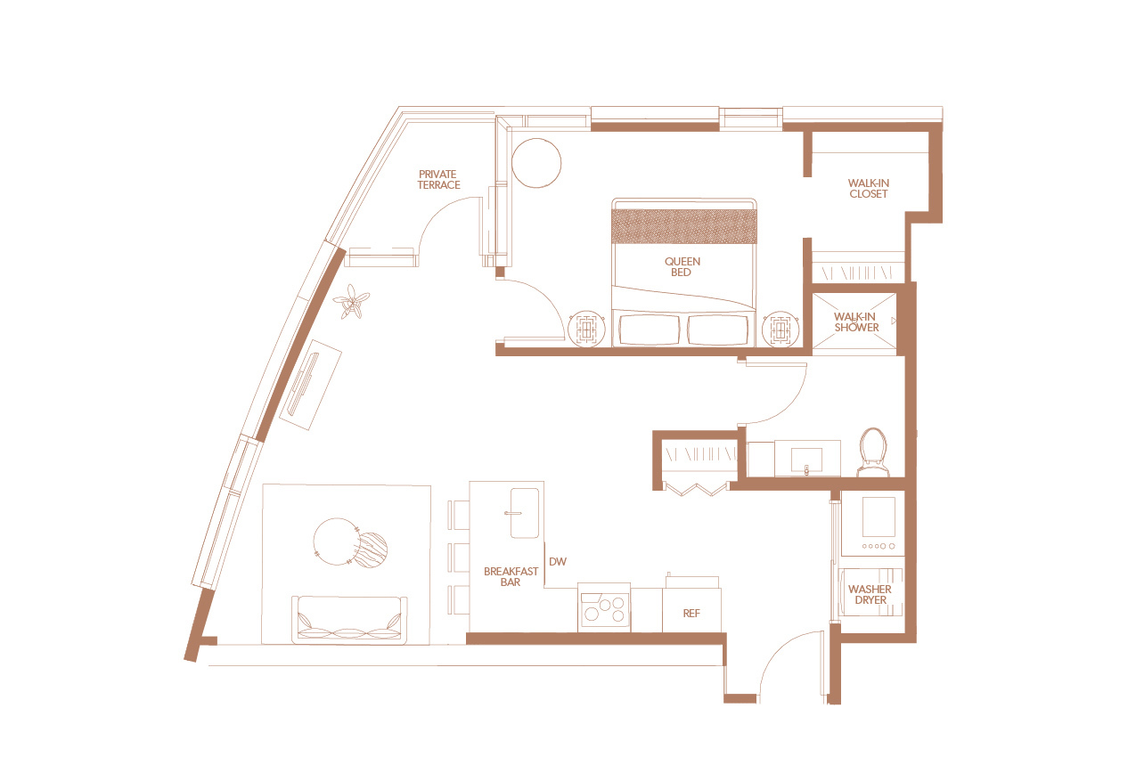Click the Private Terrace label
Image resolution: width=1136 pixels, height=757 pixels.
tap(438, 180)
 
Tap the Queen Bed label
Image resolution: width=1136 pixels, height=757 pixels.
tap(682, 266)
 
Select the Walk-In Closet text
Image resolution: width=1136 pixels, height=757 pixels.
tap(868, 189)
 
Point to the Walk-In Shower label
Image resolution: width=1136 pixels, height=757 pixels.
tap(856, 322)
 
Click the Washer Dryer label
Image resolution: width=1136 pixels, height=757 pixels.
tap(870, 594)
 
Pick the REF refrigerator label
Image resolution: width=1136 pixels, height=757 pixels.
tap(691, 614)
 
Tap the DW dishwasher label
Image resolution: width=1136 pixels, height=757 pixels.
tap(558, 561)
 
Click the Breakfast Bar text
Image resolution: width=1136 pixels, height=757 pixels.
tap(511, 576)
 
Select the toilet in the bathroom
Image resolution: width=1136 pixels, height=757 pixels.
tap(873, 452)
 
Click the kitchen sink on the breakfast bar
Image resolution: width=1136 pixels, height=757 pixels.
tap(525, 513)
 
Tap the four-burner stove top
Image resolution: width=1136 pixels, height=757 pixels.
tap(603, 608)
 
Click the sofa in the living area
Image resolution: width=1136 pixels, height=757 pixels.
tap(349, 620)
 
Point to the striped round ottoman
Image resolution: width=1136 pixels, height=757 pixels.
tap(372, 550)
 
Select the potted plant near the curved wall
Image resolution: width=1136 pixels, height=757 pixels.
tap(351, 302)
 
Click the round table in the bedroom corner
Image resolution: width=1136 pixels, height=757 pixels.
tap(536, 163)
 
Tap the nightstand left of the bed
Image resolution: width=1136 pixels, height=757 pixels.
tap(587, 329)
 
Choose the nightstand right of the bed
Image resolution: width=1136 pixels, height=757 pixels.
tap(781, 329)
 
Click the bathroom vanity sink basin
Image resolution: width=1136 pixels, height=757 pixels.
tap(807, 460)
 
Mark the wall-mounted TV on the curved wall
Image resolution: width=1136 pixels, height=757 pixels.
tap(303, 384)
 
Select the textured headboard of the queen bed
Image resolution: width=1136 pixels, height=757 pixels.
tap(684, 226)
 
